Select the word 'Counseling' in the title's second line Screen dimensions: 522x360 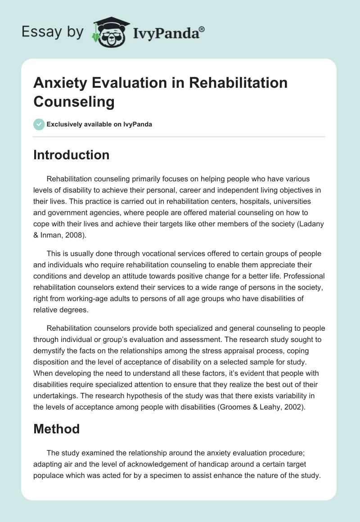tap(74, 101)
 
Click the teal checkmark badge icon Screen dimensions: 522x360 tap(39, 124)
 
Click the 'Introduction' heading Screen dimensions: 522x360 tap(72, 155)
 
